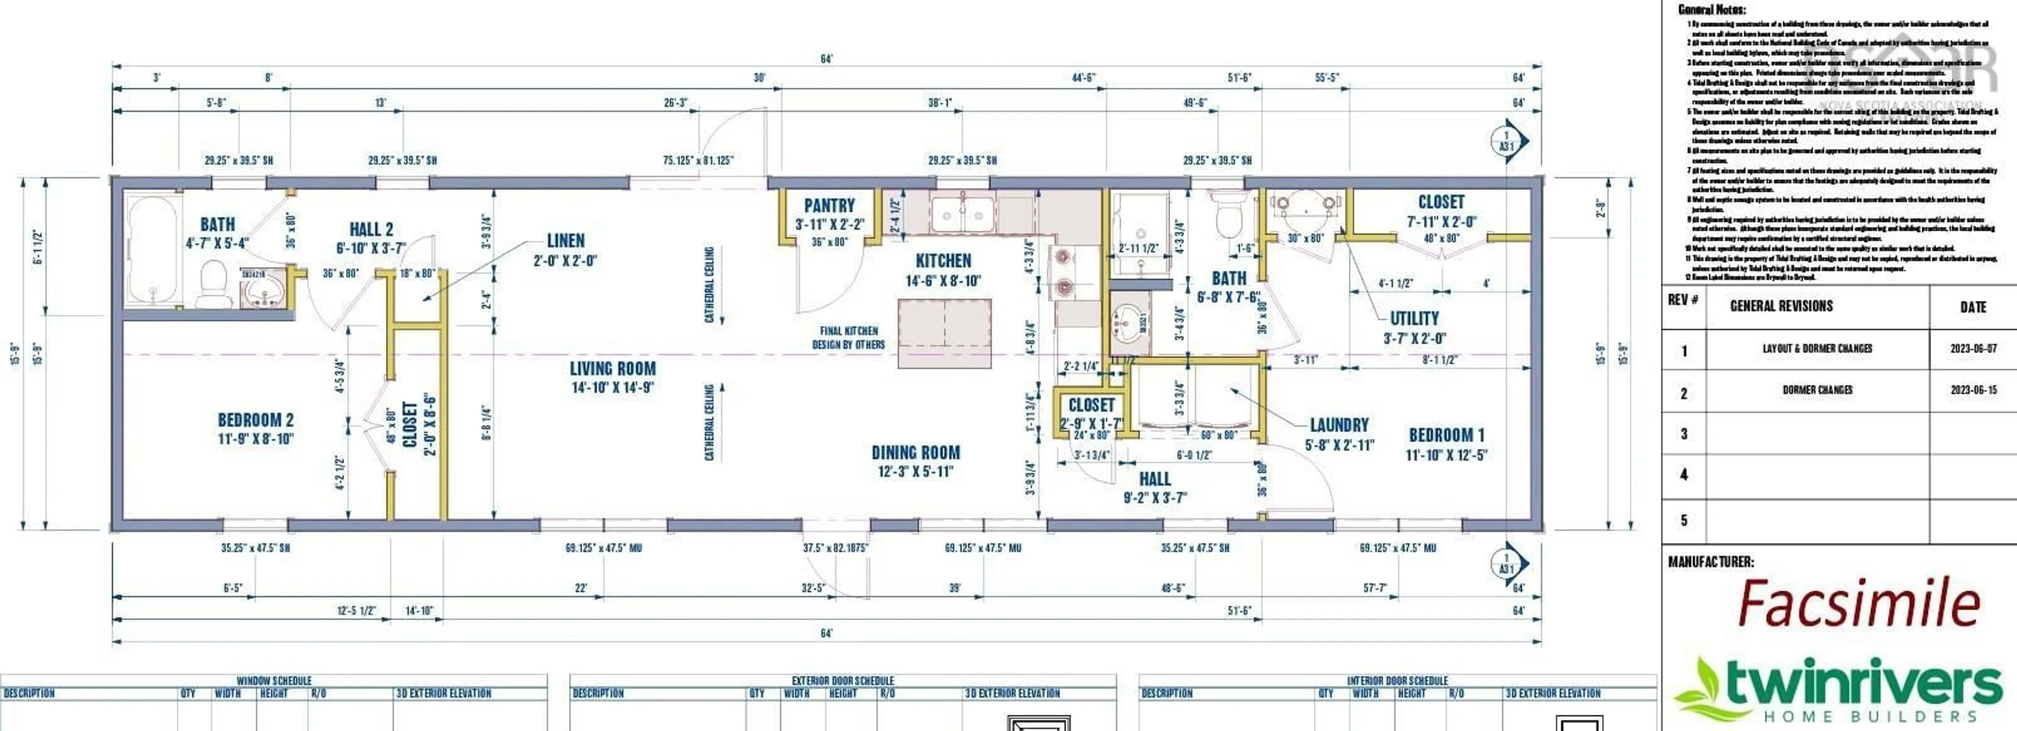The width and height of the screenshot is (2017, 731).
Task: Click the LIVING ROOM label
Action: point(612,369)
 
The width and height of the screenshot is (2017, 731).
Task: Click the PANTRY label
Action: point(829,206)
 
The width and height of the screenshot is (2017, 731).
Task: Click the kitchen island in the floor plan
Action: point(944,333)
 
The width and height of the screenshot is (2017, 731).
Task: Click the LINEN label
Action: point(565,241)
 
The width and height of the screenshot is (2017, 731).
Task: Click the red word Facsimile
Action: point(1858,604)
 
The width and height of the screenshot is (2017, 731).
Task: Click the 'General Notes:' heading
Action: point(1711,10)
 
